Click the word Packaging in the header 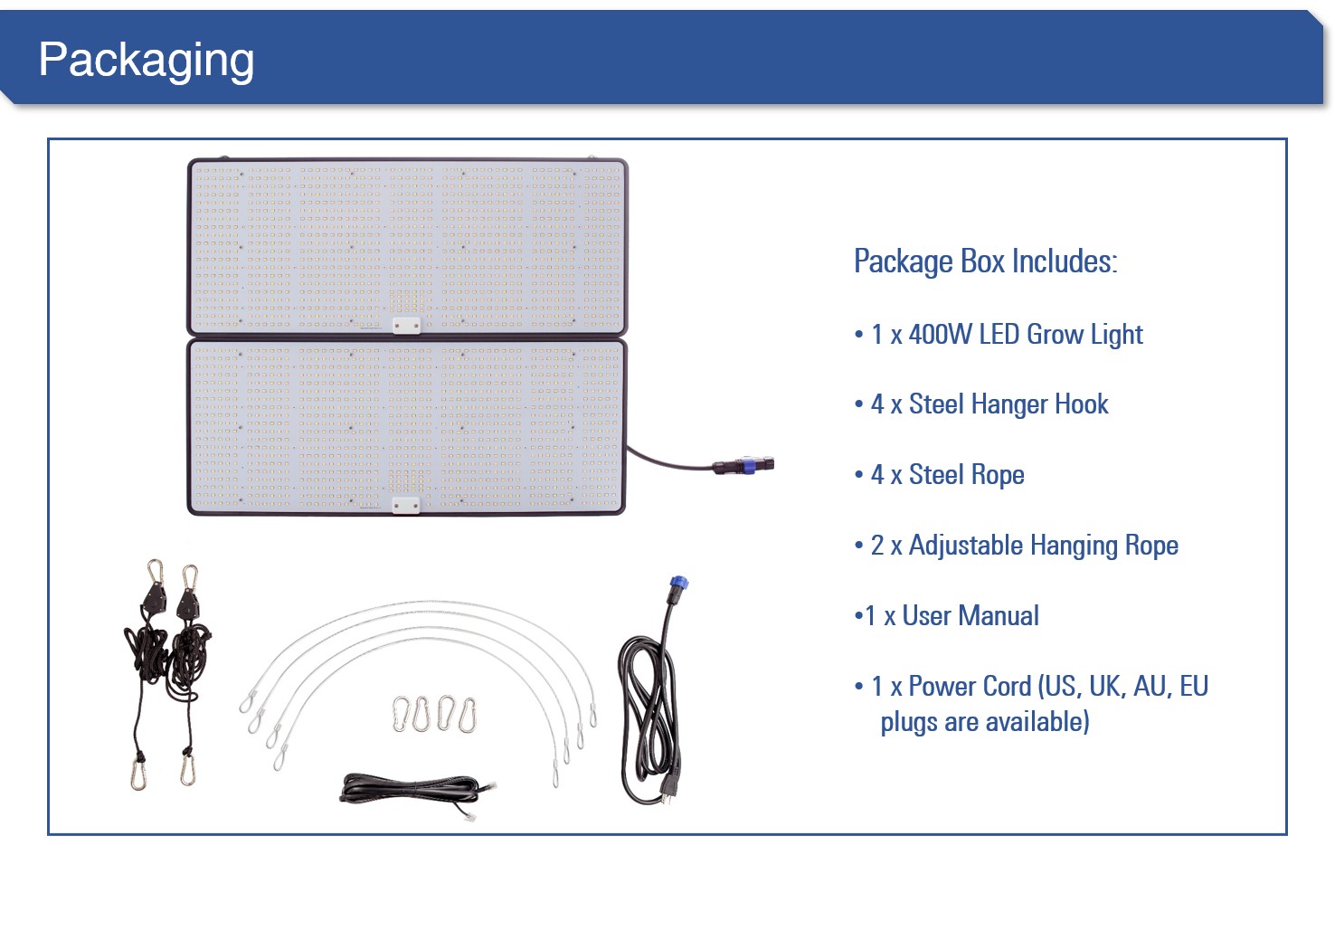pyautogui.click(x=146, y=61)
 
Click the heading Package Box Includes pyautogui.click(x=985, y=261)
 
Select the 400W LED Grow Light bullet pyautogui.click(x=1006, y=335)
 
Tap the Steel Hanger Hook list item pyautogui.click(x=989, y=404)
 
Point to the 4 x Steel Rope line pyautogui.click(x=947, y=475)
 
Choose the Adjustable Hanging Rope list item pyautogui.click(x=1024, y=546)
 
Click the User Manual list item pyautogui.click(x=952, y=616)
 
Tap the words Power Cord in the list pyautogui.click(x=970, y=687)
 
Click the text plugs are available pyautogui.click(x=984, y=722)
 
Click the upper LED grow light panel pyautogui.click(x=407, y=244)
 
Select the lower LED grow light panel pyautogui.click(x=407, y=425)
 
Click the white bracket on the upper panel pyautogui.click(x=406, y=325)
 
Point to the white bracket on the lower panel pyautogui.click(x=406, y=504)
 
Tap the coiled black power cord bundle pyautogui.click(x=649, y=715)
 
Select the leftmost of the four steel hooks pyautogui.click(x=402, y=714)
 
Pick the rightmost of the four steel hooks pyautogui.click(x=468, y=715)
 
